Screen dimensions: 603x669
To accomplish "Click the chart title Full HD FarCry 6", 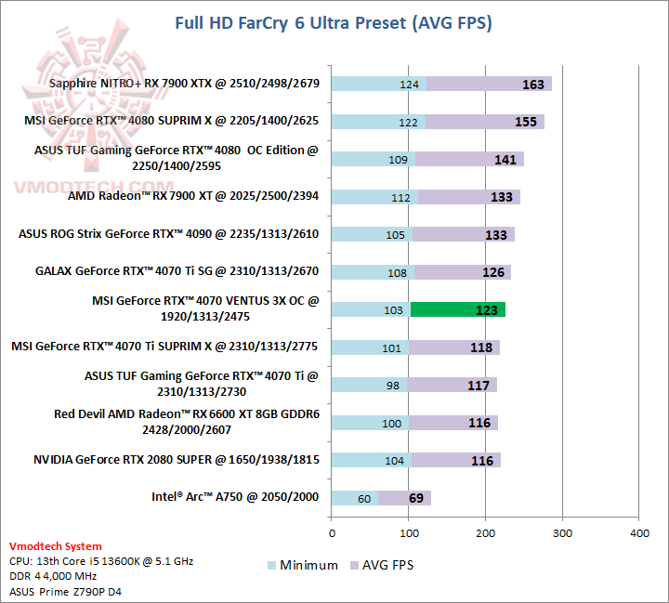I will tap(334, 22).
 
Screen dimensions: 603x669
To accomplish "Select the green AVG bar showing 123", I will tap(457, 310).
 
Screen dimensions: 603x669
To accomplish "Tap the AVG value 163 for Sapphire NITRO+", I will tap(532, 85).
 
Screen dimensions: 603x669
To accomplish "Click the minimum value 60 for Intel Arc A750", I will tap(364, 498).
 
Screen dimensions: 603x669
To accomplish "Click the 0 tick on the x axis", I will tap(332, 533).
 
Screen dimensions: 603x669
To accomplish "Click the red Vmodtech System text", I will tap(55, 546).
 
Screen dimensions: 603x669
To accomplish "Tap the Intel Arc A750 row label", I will tap(235, 497).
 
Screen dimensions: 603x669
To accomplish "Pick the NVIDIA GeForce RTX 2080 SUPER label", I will tap(177, 459).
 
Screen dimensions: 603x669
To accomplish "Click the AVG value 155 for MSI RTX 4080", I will tap(525, 122).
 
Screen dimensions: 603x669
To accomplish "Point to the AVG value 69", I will tap(415, 498).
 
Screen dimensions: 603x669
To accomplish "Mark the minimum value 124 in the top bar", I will tap(410, 85).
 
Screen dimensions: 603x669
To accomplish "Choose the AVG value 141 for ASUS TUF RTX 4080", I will tap(505, 160).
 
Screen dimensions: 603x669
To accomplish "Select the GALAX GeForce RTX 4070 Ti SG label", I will tap(177, 271).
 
